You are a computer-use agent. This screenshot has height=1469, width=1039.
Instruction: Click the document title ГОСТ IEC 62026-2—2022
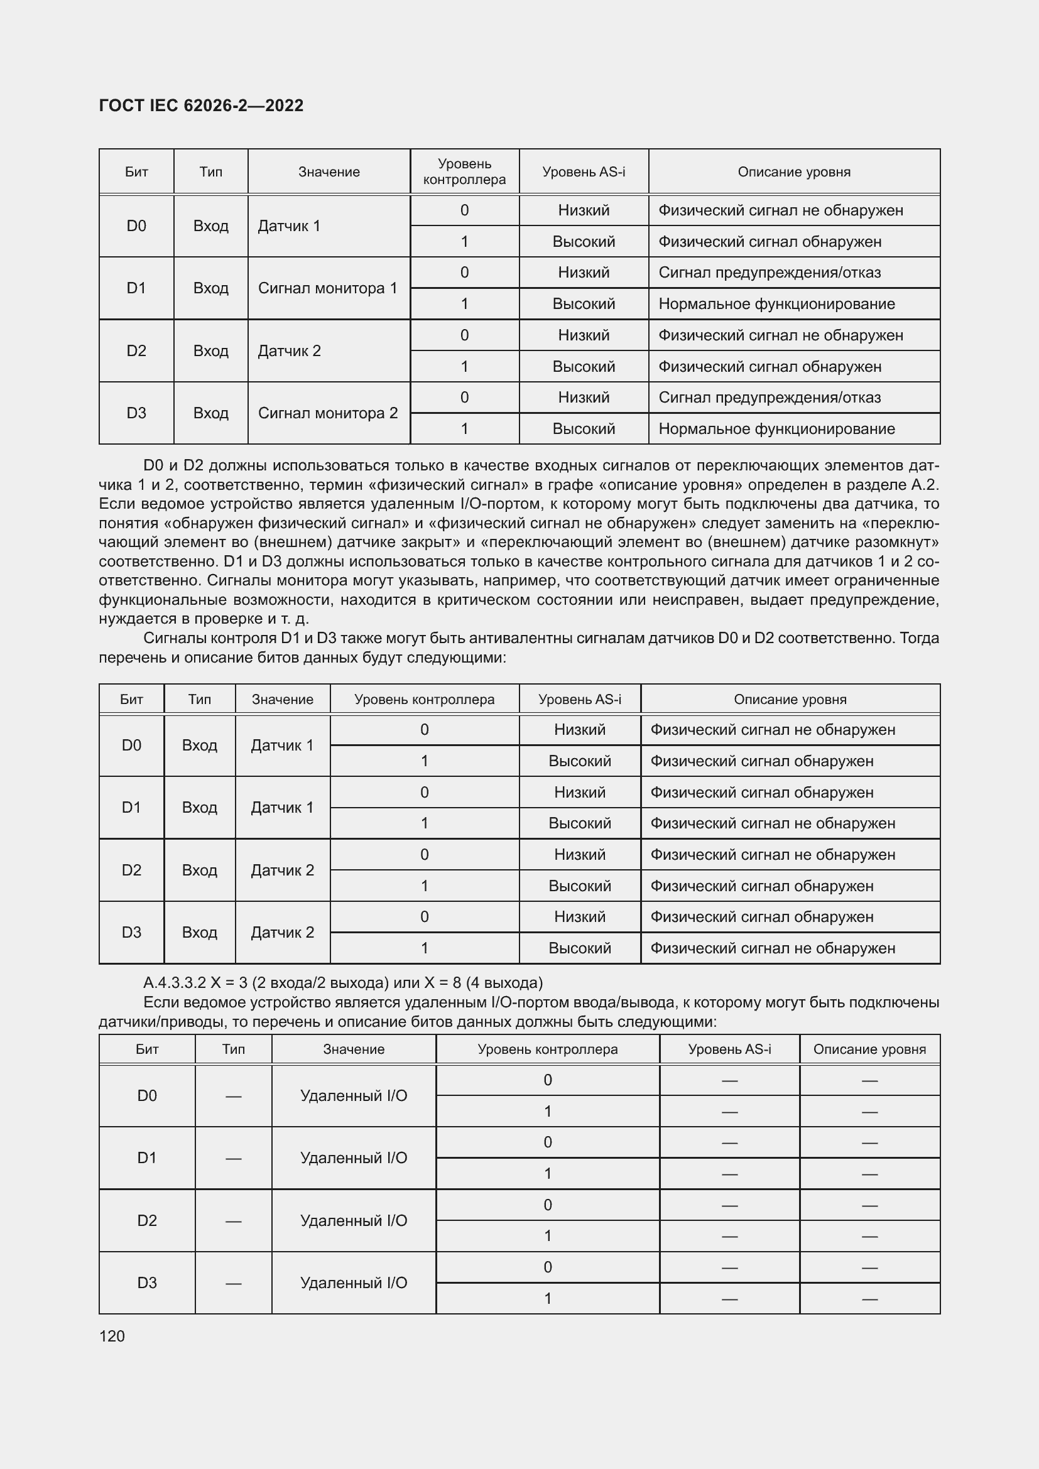tap(201, 106)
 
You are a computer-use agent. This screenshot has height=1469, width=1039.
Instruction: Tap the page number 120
tap(112, 1336)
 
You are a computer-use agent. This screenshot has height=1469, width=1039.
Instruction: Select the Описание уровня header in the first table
tap(793, 171)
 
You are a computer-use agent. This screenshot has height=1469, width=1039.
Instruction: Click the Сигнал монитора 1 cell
tap(327, 288)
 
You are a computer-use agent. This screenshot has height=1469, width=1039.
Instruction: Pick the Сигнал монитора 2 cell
tap(327, 413)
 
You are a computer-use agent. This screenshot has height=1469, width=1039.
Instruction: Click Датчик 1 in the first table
tap(288, 226)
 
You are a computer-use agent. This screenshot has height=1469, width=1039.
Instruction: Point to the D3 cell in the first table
tap(136, 413)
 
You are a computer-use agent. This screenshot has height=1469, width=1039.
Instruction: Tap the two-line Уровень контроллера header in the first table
tap(464, 171)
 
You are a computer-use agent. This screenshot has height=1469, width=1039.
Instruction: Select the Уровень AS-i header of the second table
tap(579, 699)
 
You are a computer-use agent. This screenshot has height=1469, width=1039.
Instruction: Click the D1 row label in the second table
tap(131, 808)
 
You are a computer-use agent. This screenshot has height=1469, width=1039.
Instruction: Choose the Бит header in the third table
tap(146, 1049)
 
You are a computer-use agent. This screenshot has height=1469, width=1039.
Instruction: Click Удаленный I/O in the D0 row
tap(353, 1096)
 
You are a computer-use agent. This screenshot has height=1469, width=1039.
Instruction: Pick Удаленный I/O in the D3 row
tap(353, 1283)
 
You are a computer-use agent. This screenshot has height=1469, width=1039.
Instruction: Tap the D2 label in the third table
tap(146, 1221)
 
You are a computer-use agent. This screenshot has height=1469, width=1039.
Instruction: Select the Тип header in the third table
tap(233, 1049)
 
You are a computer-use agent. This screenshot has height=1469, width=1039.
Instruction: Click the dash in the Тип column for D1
tap(233, 1159)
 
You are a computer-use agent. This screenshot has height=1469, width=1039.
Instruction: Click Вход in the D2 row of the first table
tap(210, 350)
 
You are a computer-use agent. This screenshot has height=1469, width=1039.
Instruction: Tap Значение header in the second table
tap(282, 699)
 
